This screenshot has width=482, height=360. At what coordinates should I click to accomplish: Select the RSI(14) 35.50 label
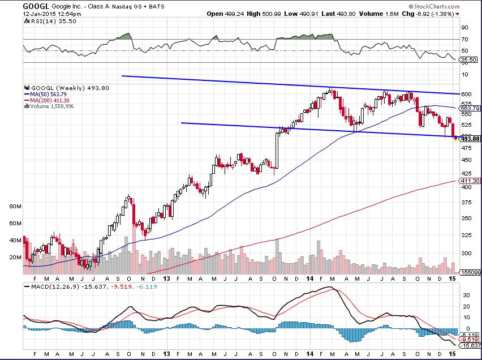pos(43,21)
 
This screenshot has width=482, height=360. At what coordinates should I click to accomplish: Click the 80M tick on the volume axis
pos(15,207)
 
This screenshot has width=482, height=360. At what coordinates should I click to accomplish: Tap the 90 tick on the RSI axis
pos(464,27)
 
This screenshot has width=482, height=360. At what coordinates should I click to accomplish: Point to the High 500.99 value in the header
pos(271,13)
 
